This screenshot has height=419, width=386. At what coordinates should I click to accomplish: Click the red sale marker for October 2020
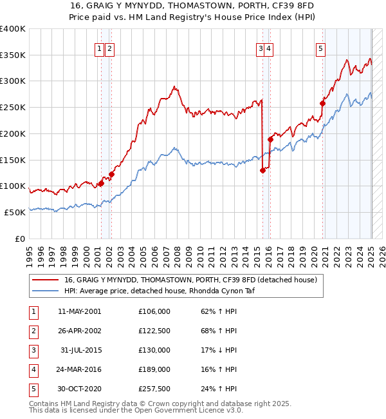(x=323, y=102)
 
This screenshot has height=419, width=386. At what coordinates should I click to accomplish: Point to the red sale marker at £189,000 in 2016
(x=271, y=139)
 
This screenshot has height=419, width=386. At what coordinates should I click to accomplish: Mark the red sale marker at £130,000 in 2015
(x=263, y=170)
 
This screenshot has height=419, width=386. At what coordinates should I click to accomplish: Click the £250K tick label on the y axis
(x=13, y=108)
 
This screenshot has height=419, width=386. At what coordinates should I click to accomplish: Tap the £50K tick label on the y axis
(x=15, y=212)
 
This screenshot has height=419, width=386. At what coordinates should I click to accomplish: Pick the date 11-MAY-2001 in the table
(x=79, y=311)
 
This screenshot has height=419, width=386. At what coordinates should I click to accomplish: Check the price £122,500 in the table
(x=154, y=331)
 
